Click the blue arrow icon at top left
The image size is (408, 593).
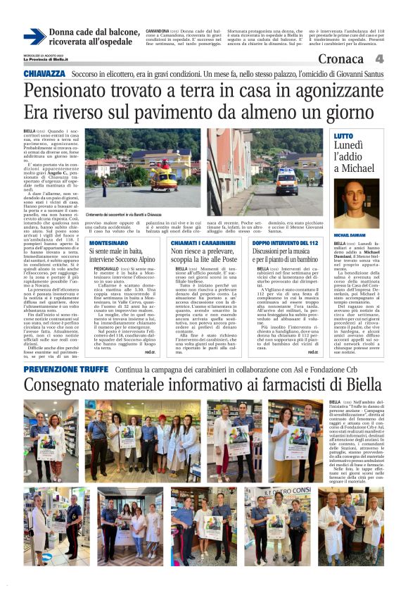[34, 37]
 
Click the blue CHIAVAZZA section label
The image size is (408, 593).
[44, 73]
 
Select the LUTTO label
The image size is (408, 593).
[344, 135]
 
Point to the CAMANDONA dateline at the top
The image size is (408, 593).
[156, 32]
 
